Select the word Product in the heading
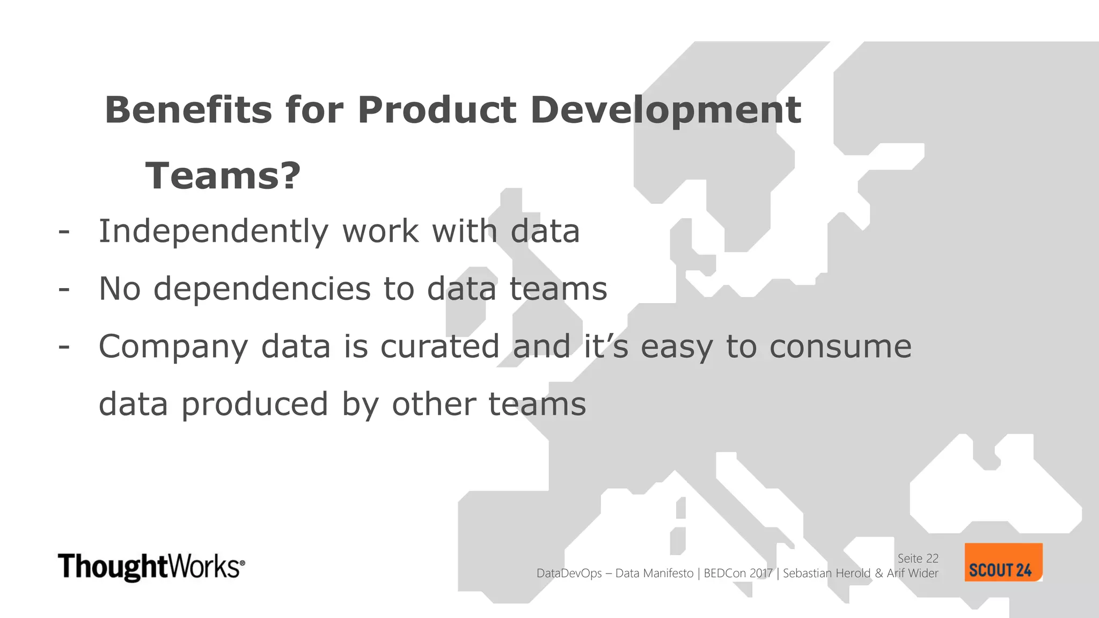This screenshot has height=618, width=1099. click(x=437, y=110)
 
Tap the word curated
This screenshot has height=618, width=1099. click(x=440, y=347)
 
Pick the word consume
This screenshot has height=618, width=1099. click(x=840, y=347)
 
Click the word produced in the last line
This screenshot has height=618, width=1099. click(x=254, y=404)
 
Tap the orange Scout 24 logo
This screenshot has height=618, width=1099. click(x=1003, y=563)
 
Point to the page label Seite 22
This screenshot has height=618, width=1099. click(x=918, y=558)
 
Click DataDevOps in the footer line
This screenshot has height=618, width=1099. click(x=569, y=573)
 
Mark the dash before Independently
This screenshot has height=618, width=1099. click(x=64, y=232)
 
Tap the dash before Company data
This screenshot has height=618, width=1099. click(x=64, y=347)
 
